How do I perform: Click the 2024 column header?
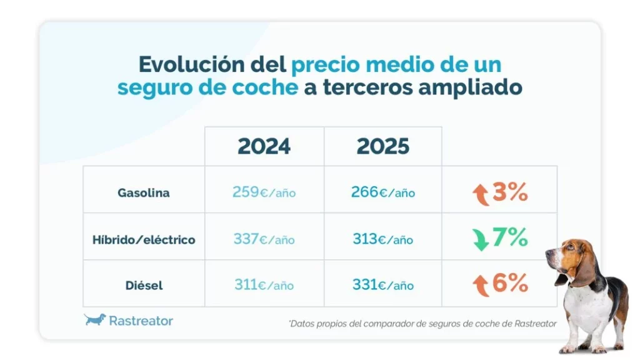point(264,146)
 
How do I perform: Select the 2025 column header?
point(382,146)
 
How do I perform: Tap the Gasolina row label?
point(144,193)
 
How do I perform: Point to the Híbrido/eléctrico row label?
point(144,239)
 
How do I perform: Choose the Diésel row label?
point(144,286)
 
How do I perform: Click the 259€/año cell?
point(264,192)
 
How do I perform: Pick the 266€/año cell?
point(382,192)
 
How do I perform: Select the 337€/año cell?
point(264,239)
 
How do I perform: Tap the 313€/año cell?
point(382,239)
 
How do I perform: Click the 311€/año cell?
point(264,285)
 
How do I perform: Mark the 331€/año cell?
point(382,285)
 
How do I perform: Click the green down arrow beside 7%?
point(481,239)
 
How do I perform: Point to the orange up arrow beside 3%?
point(481,194)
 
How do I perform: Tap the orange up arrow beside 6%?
point(481,286)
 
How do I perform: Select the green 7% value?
point(511,237)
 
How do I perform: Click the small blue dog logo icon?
point(95,320)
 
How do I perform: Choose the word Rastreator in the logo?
point(141,321)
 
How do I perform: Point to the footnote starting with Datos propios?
point(422,323)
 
